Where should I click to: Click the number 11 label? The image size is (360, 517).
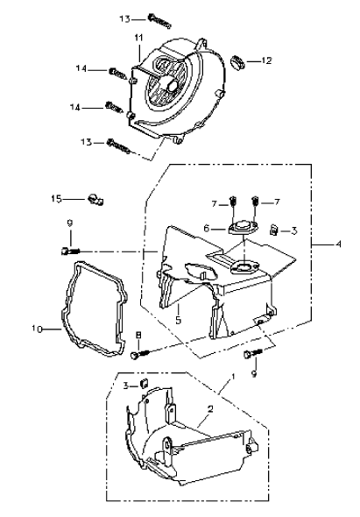(138, 38)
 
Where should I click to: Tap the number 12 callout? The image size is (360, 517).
(266, 60)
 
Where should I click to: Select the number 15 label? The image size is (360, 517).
(56, 199)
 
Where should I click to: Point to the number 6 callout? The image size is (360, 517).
(207, 228)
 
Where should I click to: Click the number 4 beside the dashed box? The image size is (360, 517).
(338, 244)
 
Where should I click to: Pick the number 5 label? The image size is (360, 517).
(179, 320)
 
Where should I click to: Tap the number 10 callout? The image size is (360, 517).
(38, 329)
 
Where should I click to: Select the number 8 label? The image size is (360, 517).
(138, 335)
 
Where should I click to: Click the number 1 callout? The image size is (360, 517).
(233, 377)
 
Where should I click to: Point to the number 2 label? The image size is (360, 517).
(210, 409)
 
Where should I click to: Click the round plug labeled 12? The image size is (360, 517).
(236, 62)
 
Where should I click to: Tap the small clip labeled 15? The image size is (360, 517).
(95, 200)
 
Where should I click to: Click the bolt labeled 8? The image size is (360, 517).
(140, 354)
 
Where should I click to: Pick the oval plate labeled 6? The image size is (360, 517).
(244, 228)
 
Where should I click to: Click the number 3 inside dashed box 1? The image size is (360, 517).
(125, 386)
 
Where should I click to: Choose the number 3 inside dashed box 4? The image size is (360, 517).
(294, 230)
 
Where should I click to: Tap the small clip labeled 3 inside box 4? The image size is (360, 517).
(273, 230)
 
